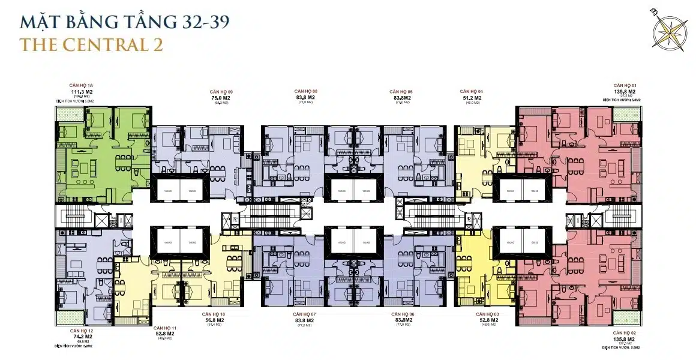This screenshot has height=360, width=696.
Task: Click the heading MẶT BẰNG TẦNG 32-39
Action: (x=124, y=22)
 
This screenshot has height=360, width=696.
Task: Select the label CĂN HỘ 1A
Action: (x=82, y=86)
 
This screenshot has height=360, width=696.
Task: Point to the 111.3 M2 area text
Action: (x=82, y=92)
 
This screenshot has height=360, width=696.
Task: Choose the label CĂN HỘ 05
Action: (x=401, y=91)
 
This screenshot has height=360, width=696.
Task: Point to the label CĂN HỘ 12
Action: (x=82, y=331)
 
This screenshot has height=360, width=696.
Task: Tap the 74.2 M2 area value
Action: (x=82, y=337)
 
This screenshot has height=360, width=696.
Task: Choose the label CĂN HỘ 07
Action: (x=305, y=314)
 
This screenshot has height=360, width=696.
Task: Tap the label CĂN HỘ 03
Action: (x=487, y=314)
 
